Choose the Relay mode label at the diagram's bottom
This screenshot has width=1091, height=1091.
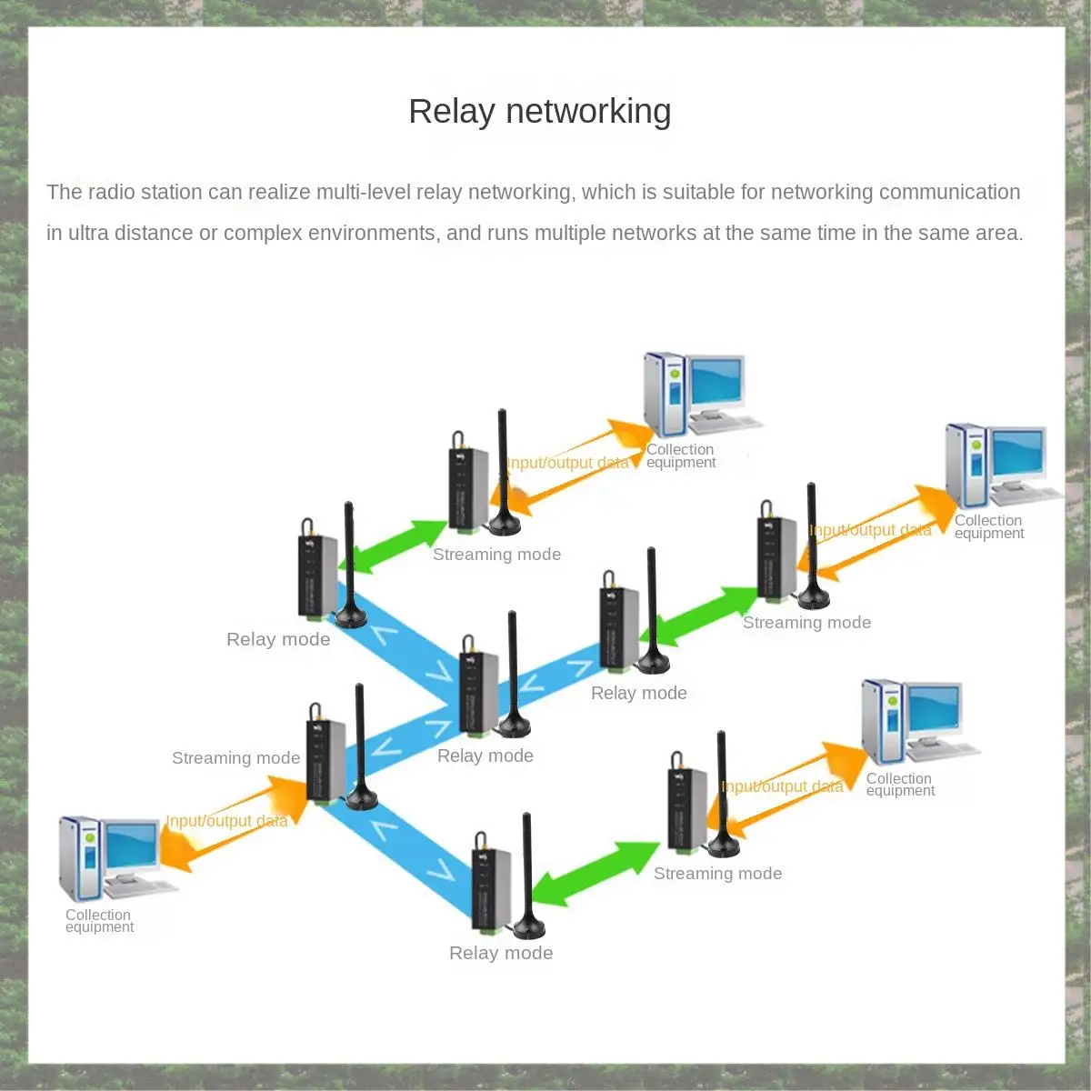coord(501,953)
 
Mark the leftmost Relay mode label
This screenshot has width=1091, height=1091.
coord(278,639)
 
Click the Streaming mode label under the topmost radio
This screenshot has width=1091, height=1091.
coord(496,555)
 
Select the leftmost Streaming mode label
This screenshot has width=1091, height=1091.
coord(235,758)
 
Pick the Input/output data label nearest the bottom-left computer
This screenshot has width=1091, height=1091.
coord(227,820)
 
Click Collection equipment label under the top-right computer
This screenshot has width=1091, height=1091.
coord(988,527)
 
